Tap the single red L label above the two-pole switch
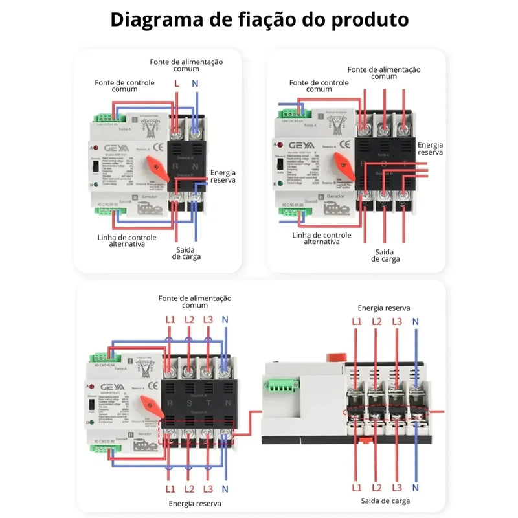177,84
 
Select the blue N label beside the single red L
195,84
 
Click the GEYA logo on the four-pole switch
106,386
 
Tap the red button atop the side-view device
336,354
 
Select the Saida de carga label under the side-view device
385,500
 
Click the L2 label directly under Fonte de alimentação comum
189,319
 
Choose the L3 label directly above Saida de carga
397,486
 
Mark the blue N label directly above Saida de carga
416,486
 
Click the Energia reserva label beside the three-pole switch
431,149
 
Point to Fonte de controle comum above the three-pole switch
319,87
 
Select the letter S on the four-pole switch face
188,403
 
